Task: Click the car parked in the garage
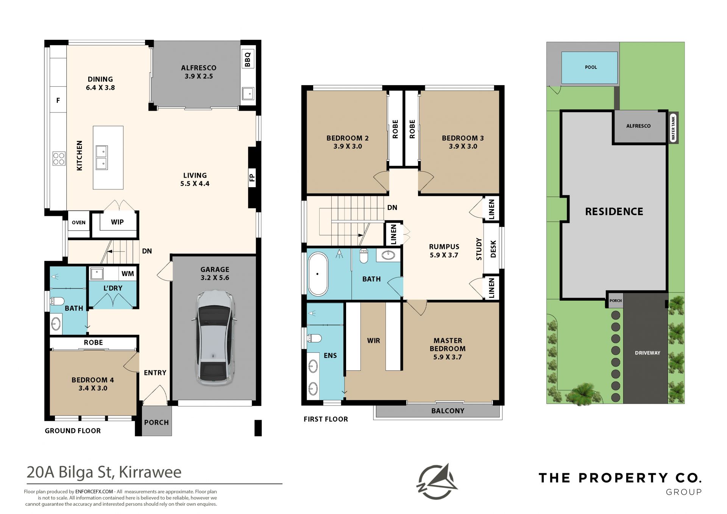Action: pos(214,338)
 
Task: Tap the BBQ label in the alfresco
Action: pos(248,59)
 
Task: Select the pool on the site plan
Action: pos(590,67)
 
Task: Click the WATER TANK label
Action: pos(673,128)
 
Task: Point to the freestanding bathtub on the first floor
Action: pos(317,273)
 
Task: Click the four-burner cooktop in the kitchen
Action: pos(59,158)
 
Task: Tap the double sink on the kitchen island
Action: pos(101,157)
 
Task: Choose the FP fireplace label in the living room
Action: pos(252,177)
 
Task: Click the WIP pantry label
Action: pos(117,222)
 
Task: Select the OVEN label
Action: pos(79,222)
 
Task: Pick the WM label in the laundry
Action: pos(128,273)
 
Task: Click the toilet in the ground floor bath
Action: pos(57,302)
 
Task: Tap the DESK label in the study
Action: pos(493,249)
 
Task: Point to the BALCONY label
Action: pos(448,411)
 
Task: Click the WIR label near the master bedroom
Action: pos(373,341)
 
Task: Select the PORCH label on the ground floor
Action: pos(156,422)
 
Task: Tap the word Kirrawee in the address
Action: pos(150,472)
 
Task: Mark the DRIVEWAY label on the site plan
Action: pos(647,353)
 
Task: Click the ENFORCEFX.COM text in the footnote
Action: pos(94,492)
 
